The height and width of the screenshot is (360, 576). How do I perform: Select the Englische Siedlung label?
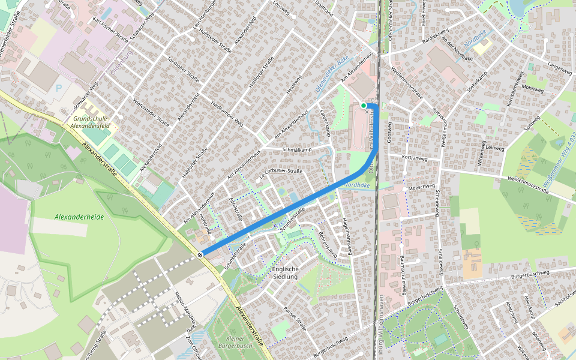click(x=285, y=273)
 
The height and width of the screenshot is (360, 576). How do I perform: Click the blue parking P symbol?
click(x=58, y=88)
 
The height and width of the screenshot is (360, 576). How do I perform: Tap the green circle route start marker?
click(x=364, y=106)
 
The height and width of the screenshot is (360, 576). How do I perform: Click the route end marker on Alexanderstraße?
click(x=200, y=254)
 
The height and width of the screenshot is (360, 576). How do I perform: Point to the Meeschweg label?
click(x=421, y=187)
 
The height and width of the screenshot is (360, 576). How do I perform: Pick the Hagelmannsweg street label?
click(x=347, y=233)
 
